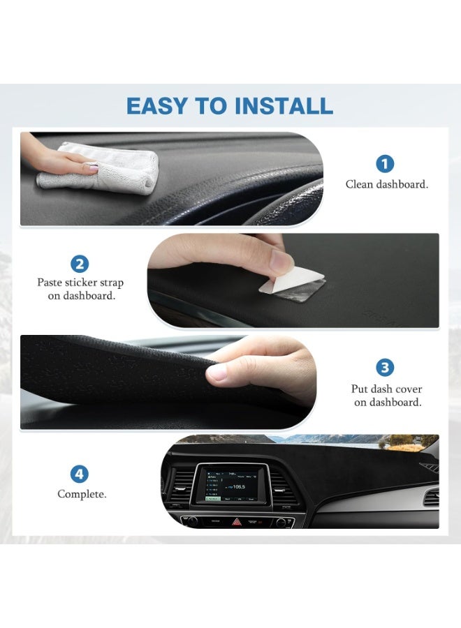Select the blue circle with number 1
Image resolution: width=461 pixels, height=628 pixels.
tap(385, 164)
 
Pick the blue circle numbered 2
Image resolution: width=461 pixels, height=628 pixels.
tap(80, 264)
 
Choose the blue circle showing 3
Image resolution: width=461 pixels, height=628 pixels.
tap(385, 368)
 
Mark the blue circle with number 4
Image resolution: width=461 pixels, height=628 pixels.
tap(80, 474)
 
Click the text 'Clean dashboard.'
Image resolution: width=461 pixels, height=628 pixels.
tap(386, 185)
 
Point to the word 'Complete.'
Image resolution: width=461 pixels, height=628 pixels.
tap(82, 494)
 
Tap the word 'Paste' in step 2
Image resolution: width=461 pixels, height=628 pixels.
tap(51, 283)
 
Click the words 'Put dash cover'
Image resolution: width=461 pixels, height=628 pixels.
tap(386, 389)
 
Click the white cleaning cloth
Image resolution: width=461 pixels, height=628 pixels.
tap(112, 167)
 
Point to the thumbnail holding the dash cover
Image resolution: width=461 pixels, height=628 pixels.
tap(217, 373)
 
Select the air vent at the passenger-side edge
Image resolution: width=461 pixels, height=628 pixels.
tap(431, 497)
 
